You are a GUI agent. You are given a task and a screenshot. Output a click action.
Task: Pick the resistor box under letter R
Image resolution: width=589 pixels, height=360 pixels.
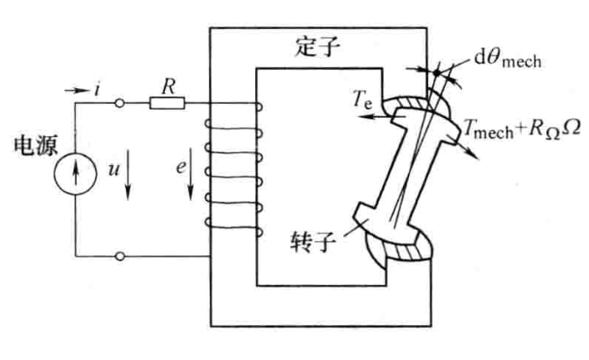(x=167, y=103)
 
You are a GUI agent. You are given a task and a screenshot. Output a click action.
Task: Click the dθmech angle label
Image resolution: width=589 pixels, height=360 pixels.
(x=508, y=61)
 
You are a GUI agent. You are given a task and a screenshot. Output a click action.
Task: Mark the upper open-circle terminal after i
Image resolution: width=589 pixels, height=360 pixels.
(x=121, y=103)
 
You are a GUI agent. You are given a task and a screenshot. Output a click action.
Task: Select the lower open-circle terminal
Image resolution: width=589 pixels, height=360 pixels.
(x=121, y=256)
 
